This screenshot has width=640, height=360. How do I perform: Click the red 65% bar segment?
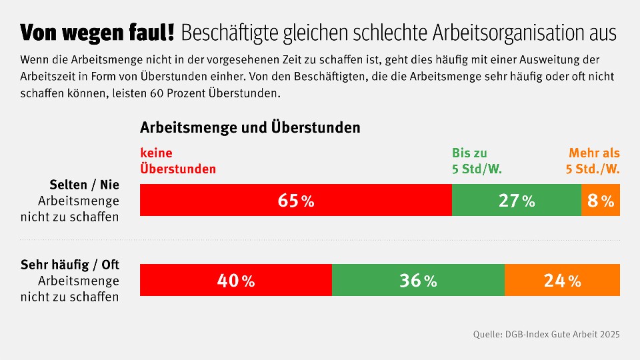coord(296,201)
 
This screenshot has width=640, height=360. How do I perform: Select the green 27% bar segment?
coord(517,201)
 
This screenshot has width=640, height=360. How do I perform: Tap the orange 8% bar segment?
coord(601,201)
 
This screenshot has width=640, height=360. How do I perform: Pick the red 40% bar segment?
coord(236,280)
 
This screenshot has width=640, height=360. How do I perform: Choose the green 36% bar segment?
coord(418,280)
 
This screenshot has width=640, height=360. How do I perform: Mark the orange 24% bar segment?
coord(562,280)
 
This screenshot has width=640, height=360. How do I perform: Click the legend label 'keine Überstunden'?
coord(178,161)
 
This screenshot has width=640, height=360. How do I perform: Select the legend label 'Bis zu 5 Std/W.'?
coord(477,161)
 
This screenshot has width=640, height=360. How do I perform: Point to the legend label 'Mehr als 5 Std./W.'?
coord(593,161)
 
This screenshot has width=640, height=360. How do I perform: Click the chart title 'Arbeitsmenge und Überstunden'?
coord(250,127)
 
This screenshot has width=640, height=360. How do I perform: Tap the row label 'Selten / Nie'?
coord(84,185)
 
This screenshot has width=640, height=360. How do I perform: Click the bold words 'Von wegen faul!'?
coord(97,32)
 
